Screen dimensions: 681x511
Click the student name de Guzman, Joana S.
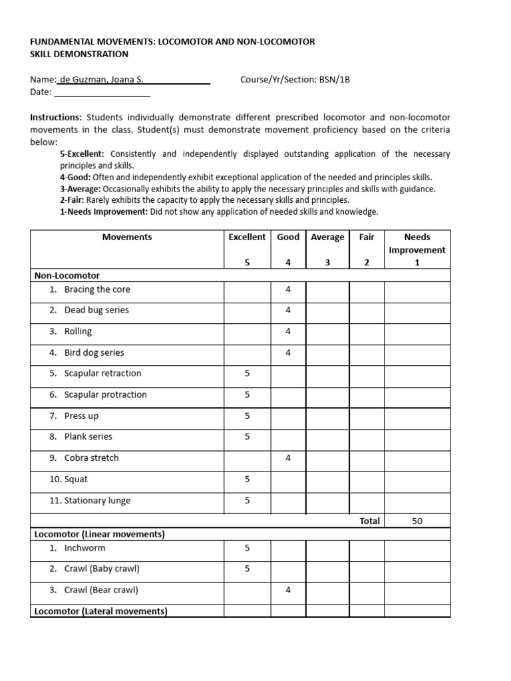coord(101,80)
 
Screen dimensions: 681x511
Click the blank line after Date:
coord(102,93)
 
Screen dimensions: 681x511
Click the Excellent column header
coord(247,237)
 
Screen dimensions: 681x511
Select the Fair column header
coord(366,237)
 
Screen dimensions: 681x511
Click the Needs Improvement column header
coord(417,243)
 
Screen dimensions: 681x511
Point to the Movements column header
coord(126,237)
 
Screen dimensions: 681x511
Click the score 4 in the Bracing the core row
coord(288,289)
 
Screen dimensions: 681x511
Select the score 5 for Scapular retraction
coord(247,374)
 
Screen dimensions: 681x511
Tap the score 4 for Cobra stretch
coord(288,458)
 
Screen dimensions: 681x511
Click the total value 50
coord(417,521)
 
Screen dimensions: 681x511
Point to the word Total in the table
coord(369,521)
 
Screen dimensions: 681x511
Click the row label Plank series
coord(88,437)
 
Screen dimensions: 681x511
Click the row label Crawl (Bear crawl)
coord(100,590)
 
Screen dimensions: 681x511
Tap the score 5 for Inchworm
coord(247,549)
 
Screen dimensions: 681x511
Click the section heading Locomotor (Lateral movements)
coord(100,611)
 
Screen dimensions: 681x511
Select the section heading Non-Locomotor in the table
coord(67,275)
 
